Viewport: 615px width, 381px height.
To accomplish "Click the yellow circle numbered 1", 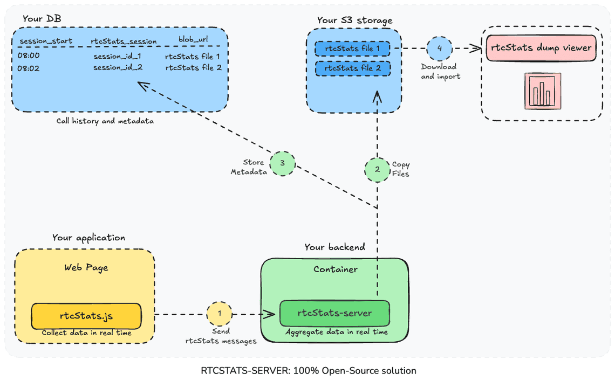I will (x=219, y=313).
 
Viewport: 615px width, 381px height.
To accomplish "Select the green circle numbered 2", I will (x=377, y=169).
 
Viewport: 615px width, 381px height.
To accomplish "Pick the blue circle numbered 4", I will (x=439, y=48).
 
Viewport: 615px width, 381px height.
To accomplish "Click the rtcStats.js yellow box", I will (x=86, y=316).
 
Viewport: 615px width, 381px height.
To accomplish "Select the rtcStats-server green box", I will (x=334, y=313).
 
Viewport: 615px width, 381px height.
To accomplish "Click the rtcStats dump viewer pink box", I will (x=541, y=48).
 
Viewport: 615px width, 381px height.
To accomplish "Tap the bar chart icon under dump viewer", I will (x=542, y=91).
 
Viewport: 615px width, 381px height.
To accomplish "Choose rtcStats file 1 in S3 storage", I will (x=353, y=49).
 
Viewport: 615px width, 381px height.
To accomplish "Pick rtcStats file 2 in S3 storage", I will (x=353, y=68).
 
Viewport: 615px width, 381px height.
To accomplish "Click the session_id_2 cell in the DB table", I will (x=118, y=67).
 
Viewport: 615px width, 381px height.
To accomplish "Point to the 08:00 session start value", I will (x=28, y=55).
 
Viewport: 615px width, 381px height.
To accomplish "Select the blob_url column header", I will (x=193, y=40).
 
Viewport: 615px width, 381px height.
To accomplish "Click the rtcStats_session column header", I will (x=124, y=41).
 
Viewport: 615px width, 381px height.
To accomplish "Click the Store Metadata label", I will (x=248, y=167).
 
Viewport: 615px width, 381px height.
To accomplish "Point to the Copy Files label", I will (x=401, y=169).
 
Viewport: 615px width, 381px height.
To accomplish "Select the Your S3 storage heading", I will (x=354, y=20).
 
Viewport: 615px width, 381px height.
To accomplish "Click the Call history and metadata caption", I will (x=105, y=121).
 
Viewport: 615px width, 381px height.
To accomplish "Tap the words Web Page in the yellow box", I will (x=86, y=267).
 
